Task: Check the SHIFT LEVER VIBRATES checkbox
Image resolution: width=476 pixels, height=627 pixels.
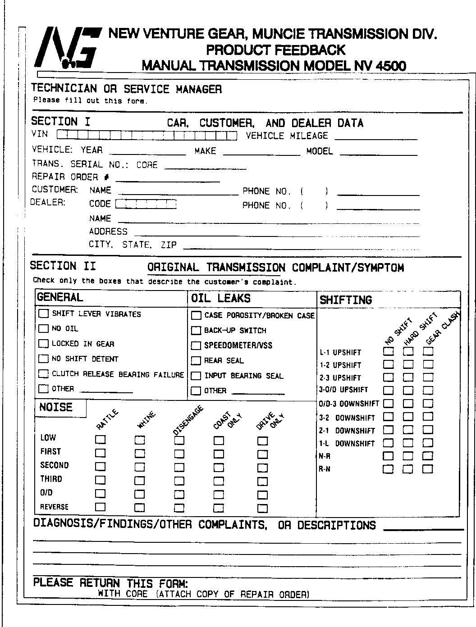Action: click(44, 313)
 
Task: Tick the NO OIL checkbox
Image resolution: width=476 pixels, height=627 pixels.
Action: click(44, 328)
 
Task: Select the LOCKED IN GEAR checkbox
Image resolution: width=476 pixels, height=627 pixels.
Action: click(44, 344)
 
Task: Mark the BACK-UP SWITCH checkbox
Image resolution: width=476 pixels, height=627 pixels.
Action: click(196, 331)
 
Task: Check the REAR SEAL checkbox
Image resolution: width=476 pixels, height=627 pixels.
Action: click(196, 361)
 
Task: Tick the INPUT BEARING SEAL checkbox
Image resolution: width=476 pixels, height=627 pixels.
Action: click(196, 376)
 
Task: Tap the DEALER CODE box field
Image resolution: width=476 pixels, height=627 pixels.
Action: click(146, 204)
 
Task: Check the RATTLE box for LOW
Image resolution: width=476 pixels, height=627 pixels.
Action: click(100, 439)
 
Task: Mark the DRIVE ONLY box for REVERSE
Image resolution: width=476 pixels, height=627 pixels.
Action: click(262, 509)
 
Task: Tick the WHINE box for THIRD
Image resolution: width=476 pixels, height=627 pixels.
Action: click(140, 480)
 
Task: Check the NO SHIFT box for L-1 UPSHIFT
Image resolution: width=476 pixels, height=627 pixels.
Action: click(388, 351)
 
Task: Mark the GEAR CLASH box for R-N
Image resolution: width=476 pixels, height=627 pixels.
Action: click(428, 469)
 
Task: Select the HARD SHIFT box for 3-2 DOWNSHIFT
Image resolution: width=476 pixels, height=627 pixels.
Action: click(408, 417)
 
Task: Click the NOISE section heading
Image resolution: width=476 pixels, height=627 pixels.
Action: click(56, 408)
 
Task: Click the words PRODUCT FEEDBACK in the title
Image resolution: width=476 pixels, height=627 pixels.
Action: click(275, 50)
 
